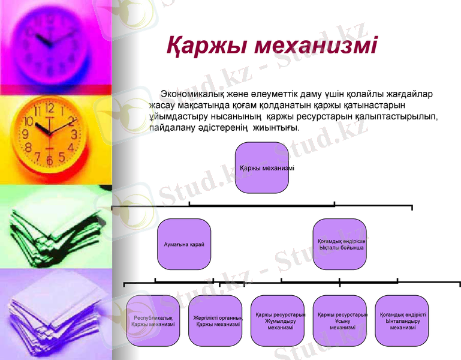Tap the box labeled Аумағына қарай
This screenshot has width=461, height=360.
tap(184, 245)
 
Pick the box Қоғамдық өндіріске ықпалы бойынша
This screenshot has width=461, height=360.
tap(340, 244)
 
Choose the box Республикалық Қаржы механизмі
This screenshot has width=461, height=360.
tap(153, 320)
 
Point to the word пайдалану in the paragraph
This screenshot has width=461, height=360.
tap(174, 128)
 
